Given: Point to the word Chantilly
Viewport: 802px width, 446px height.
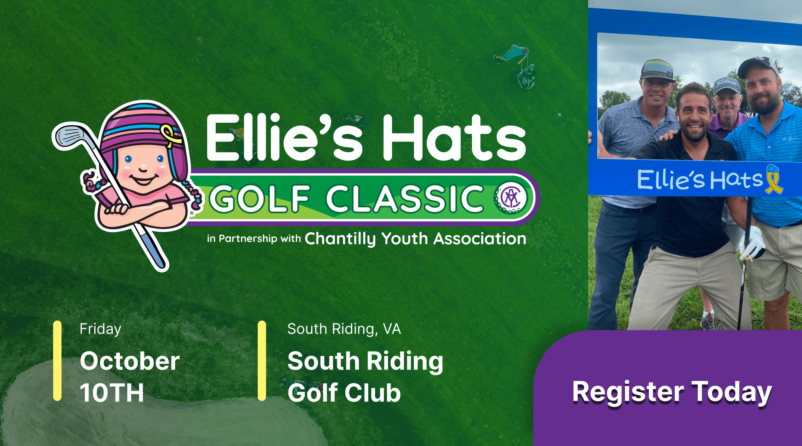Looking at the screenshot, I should click(340, 239).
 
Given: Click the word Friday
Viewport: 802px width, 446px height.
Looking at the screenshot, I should click(100, 329).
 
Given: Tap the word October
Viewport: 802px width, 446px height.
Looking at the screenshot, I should click(130, 361).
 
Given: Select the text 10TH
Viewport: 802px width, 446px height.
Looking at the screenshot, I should click(112, 393).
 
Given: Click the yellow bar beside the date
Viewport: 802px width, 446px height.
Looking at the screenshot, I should click(57, 361).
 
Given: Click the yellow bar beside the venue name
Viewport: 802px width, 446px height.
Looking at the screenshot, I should click(262, 361).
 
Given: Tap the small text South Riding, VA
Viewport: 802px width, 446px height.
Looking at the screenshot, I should click(344, 329).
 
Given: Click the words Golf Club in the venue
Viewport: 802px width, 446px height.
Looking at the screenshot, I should click(344, 393).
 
